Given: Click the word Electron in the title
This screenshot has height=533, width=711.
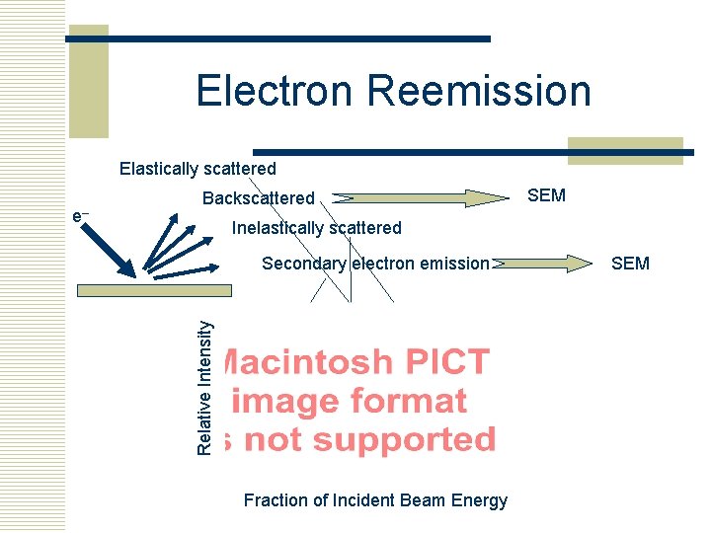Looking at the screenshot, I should [276, 91].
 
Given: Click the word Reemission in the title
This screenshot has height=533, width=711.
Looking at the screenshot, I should [480, 91].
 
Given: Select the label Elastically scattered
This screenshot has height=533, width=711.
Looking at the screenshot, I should [197, 169].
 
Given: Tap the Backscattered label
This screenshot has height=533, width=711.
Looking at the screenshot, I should [258, 198].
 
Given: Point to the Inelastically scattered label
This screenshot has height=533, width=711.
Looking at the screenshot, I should [316, 228].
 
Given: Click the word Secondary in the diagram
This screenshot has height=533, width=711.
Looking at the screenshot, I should [303, 264].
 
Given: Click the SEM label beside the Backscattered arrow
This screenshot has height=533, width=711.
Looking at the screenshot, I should [547, 195].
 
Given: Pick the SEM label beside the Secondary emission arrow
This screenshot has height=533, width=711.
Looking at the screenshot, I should [630, 263].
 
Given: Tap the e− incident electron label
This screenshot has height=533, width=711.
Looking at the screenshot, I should [81, 215].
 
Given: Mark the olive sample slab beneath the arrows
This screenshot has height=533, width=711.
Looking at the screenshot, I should [156, 289].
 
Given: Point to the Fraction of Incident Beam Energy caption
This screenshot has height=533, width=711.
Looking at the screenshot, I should [375, 500].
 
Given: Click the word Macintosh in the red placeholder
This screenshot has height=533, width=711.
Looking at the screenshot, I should [305, 362].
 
